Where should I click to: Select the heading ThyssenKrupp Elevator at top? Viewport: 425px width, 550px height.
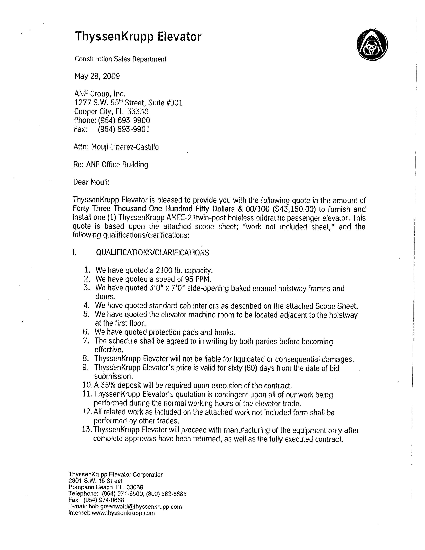(138, 36)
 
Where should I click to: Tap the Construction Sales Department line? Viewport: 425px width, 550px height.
(121, 59)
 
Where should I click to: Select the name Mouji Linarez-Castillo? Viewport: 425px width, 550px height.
(125, 147)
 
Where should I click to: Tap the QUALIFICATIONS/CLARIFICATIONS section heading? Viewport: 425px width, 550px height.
(152, 253)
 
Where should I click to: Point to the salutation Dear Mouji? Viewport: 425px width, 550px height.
(91, 182)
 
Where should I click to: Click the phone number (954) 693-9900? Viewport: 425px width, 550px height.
(124, 120)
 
